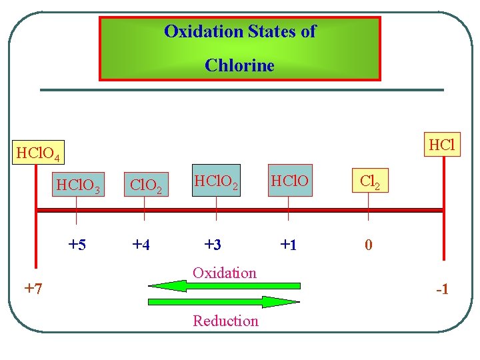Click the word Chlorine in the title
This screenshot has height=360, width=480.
(239, 65)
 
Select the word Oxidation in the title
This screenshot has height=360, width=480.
(203, 31)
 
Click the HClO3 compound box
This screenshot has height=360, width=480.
(79, 184)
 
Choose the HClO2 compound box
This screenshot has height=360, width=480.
(217, 181)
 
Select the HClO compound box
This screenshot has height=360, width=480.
(289, 181)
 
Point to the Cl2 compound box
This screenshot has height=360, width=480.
(369, 181)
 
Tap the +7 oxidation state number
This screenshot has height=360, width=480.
(33, 289)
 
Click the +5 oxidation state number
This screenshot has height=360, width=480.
(77, 245)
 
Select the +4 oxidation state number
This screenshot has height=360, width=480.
(141, 245)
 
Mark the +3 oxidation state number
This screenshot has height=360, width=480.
(212, 245)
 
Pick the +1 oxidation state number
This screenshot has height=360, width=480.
(288, 245)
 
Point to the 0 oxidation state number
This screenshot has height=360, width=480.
(368, 245)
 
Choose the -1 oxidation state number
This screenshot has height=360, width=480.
(441, 290)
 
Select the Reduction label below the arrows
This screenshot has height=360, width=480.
(225, 321)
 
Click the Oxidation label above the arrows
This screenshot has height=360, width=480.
(224, 272)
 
